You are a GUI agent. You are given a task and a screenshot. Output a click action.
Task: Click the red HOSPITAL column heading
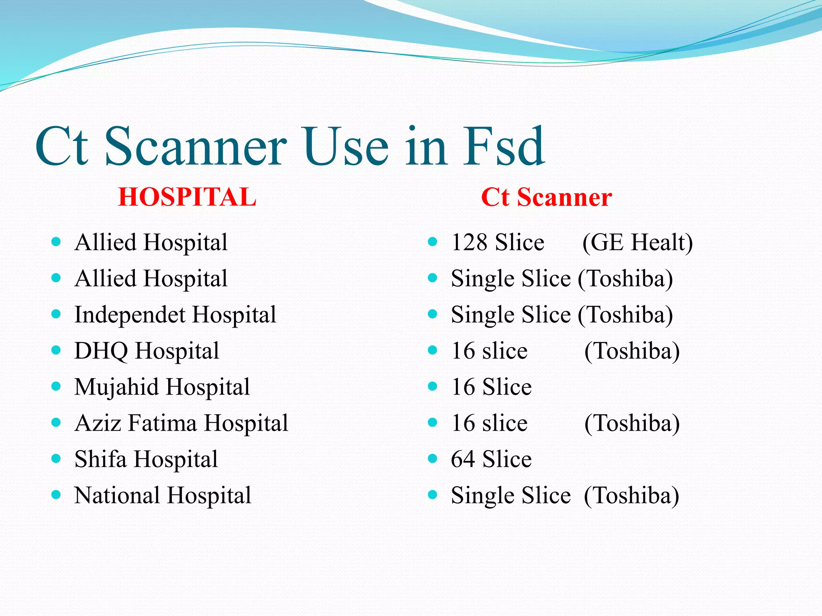coord(187,197)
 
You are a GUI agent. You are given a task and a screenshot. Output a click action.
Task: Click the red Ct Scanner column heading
coord(546,197)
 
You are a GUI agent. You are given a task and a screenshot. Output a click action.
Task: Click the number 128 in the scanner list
coord(469,242)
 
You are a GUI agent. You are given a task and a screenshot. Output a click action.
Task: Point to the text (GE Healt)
coord(637,242)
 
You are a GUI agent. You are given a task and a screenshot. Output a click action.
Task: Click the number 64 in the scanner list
coord(463,459)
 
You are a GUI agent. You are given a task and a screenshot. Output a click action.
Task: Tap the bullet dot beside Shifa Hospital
coord(56,458)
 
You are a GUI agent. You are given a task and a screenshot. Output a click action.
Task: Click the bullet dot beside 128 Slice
coord(432,242)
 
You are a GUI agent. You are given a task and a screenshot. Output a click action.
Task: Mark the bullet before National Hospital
coord(56,494)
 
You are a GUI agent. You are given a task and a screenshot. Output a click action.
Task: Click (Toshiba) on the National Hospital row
coord(631,495)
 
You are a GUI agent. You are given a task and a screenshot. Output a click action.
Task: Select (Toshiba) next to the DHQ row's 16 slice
coord(632,351)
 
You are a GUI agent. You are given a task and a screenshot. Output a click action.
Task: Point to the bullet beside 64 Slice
coord(432,458)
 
